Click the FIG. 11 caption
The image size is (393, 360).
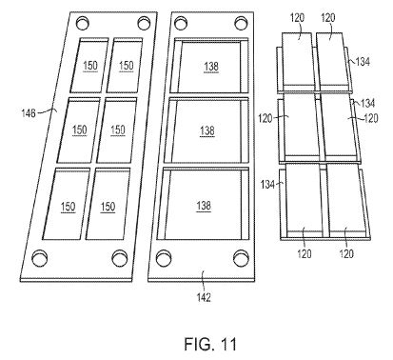[210, 344]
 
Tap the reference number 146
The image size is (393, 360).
[29, 113]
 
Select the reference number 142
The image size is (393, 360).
[204, 297]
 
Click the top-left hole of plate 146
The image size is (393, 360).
[83, 23]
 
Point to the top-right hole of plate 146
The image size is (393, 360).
[144, 23]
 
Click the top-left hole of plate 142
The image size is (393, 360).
[181, 23]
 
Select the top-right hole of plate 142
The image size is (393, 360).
[241, 23]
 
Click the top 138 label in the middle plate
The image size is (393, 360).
[211, 67]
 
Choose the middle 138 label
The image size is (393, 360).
[207, 130]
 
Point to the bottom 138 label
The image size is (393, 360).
[204, 206]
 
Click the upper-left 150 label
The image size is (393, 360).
[90, 66]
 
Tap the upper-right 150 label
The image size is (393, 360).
[126, 66]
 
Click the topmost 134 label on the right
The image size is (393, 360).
[363, 62]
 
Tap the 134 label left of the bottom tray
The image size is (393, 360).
[267, 185]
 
